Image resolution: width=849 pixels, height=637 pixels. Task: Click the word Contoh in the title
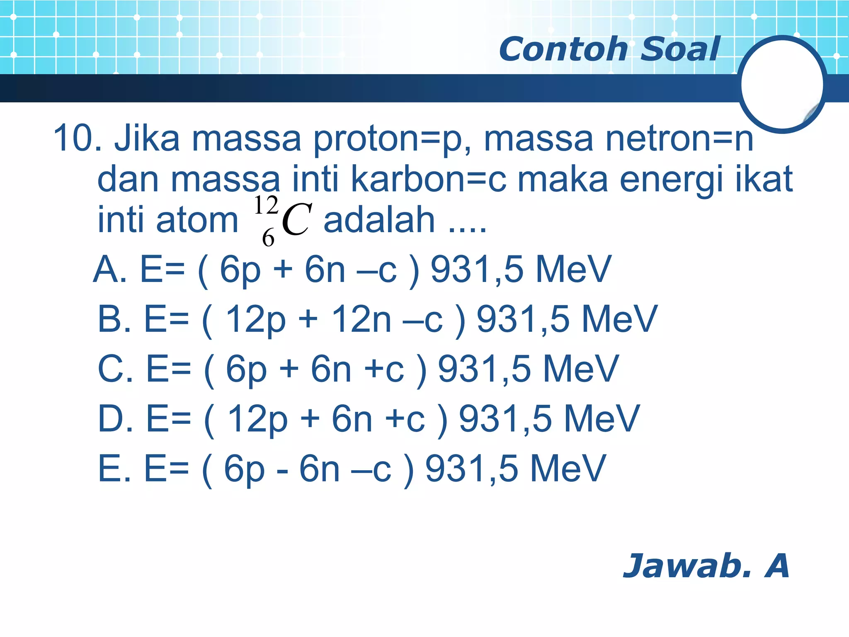(x=563, y=49)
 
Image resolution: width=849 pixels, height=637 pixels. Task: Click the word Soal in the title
(x=680, y=49)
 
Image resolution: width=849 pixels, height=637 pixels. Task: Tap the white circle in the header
(x=782, y=84)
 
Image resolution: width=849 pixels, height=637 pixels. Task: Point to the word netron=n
(x=679, y=139)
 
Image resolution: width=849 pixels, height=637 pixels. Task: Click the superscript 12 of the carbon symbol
(x=266, y=205)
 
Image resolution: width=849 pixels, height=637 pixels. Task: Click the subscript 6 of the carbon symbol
(x=268, y=238)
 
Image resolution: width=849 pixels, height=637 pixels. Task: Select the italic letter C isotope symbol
(x=296, y=220)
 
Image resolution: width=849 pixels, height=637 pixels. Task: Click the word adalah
(x=379, y=220)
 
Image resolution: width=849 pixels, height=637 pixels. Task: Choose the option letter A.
(x=109, y=269)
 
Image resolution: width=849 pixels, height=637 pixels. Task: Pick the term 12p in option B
(x=255, y=319)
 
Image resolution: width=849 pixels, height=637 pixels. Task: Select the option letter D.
(x=114, y=419)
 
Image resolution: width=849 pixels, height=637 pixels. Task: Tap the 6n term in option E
(x=320, y=469)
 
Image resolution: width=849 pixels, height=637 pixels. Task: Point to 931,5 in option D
(x=505, y=419)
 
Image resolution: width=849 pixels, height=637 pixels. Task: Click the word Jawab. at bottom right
(x=686, y=566)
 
